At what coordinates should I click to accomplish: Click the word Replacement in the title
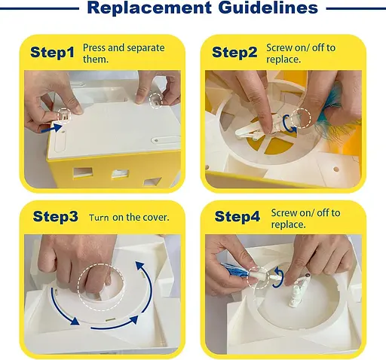coord(149,8)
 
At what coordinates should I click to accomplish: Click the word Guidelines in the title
coord(268,8)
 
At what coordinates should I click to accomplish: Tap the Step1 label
coord(53,52)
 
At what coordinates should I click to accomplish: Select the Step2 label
coord(234,52)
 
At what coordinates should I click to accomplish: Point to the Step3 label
coord(56,216)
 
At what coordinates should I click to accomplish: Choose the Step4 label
coord(237,216)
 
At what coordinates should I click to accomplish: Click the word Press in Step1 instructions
coord(94,47)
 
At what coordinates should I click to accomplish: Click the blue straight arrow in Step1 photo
coord(52,128)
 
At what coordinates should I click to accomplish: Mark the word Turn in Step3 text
coord(99,218)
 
